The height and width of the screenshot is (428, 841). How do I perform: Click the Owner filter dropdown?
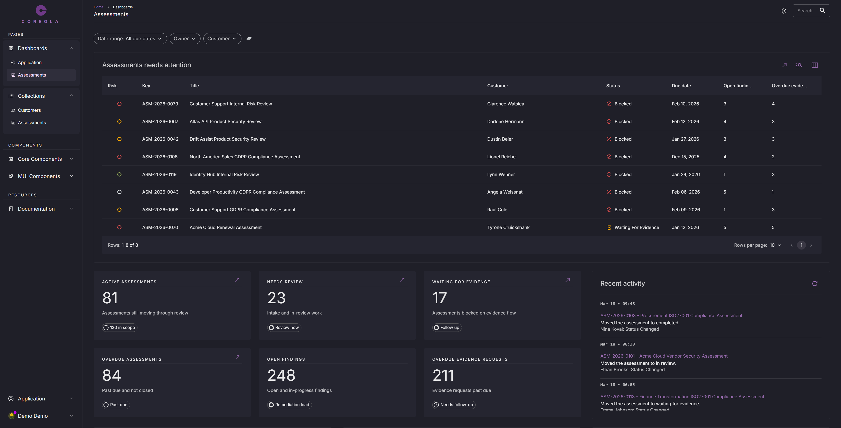[185, 38]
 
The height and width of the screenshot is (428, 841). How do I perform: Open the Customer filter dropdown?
[222, 38]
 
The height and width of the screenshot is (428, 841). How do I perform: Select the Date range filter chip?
[130, 38]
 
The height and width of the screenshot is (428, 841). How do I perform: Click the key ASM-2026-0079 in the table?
[160, 104]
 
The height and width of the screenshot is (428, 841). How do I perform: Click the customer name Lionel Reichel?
[502, 157]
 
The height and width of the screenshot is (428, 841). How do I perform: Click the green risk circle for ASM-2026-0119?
[120, 175]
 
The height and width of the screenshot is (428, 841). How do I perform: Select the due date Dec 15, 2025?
[685, 157]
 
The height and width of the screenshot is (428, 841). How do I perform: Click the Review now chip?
[284, 328]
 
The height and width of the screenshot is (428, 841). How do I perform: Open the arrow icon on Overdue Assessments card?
[237, 357]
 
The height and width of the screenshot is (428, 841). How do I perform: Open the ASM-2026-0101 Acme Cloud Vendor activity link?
[664, 356]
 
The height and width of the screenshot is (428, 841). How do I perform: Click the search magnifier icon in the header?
[822, 10]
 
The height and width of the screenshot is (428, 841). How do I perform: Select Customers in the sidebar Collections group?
[29, 110]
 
